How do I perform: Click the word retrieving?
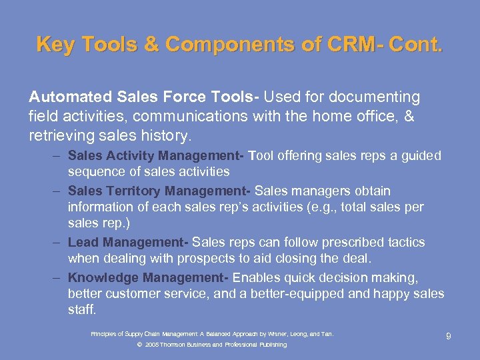[64, 136]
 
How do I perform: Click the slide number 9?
[449, 337]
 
